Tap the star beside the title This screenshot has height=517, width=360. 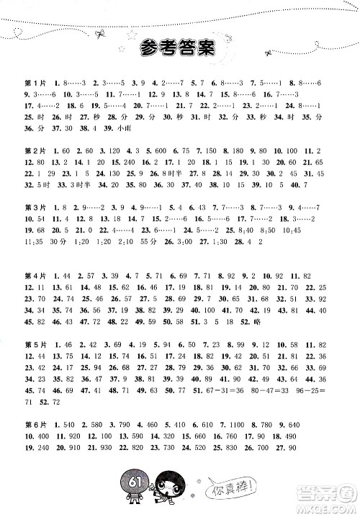tap(132, 32)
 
